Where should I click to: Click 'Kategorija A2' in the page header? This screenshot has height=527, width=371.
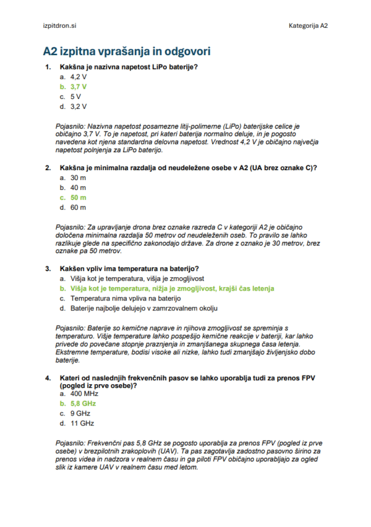click(x=308, y=26)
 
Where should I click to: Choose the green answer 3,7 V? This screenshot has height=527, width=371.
click(x=78, y=87)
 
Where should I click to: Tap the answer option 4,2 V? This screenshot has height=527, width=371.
click(x=78, y=77)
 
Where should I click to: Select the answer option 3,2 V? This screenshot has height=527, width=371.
click(x=78, y=106)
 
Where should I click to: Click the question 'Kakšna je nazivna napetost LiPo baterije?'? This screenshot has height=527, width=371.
click(x=129, y=66)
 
